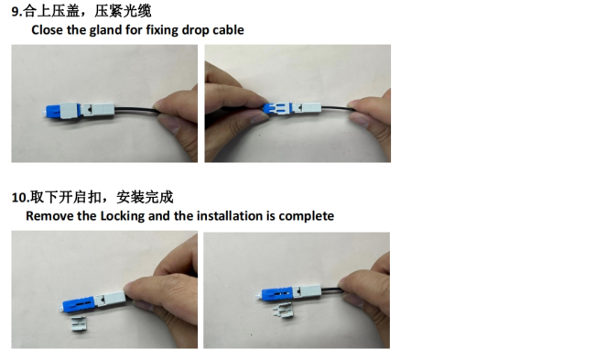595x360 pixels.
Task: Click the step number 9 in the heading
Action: [x=16, y=11]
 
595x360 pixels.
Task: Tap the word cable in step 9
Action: [x=228, y=30]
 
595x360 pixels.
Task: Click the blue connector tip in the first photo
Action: [x=52, y=111]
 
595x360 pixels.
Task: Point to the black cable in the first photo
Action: [x=135, y=110]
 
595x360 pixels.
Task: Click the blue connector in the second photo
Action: [x=276, y=108]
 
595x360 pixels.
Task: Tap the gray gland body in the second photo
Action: [x=307, y=107]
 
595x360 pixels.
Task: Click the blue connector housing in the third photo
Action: [x=79, y=303]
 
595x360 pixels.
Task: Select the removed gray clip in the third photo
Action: [x=79, y=324]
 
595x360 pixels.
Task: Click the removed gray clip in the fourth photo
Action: [x=283, y=311]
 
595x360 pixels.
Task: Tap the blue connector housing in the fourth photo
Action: [x=276, y=294]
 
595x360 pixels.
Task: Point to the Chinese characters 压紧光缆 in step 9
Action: [x=123, y=11]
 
